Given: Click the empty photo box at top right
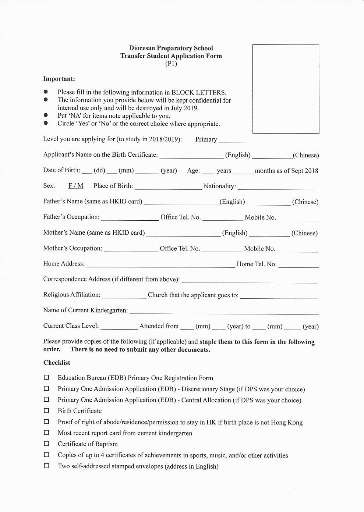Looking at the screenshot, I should coord(286,89).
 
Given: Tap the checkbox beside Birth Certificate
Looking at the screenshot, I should coord(46,410).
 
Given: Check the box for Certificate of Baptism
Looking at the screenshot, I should coord(46,444).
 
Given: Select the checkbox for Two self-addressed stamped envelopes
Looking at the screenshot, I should coord(46,466).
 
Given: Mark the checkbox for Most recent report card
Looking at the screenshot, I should coord(46,433).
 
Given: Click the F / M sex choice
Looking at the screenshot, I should coord(76,186).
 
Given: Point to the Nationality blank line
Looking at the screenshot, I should coord(275,187).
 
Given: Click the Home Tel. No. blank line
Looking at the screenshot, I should coord(298,265).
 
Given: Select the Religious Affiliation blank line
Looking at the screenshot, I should coord(124,296).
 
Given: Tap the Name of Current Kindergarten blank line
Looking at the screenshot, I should coord(224,312).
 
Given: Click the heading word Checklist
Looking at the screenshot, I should coord(57,363).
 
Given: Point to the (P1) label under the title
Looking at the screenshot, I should coord(171,64).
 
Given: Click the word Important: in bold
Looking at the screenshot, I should coord(59,79).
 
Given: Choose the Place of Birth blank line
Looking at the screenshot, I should coord(168,187).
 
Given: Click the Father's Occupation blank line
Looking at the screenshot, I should coord(130,218).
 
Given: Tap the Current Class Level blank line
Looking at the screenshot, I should coord(119,327).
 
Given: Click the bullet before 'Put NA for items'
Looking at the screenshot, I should coord(46,115).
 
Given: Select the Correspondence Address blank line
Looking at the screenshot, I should coord(249,281).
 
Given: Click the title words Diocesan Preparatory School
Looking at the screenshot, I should coord(171,48).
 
